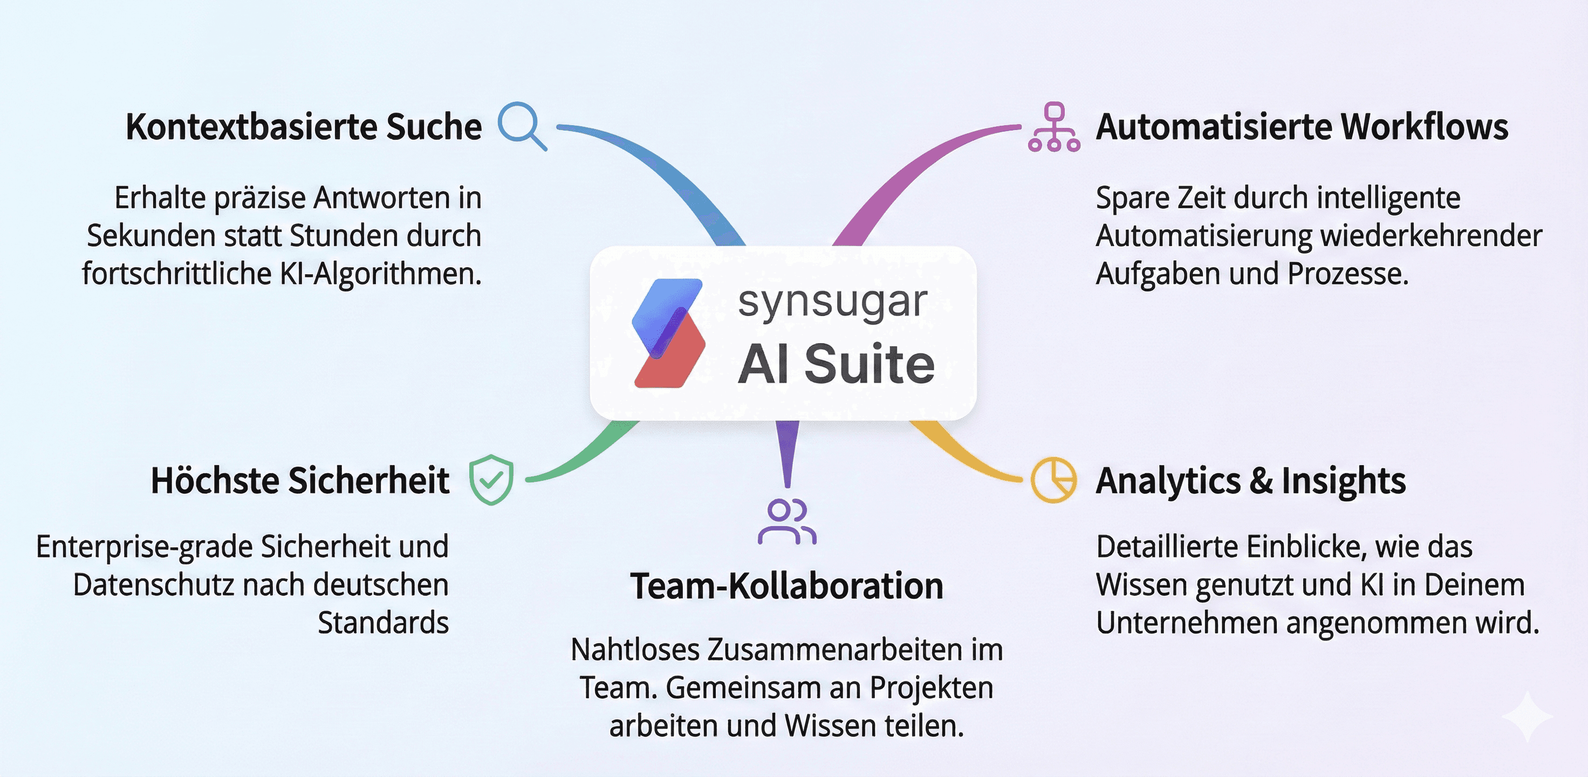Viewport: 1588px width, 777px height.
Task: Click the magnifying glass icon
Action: pos(521,125)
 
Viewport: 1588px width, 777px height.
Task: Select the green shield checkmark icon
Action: pos(491,480)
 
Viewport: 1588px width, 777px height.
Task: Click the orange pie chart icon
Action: pos(1054,480)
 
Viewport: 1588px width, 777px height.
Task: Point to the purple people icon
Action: pos(787,522)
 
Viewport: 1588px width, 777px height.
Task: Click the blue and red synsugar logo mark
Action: pos(669,333)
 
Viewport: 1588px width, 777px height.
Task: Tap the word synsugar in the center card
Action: pos(832,303)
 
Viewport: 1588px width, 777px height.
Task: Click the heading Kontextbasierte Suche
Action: pos(303,127)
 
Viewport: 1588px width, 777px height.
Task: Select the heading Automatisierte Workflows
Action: pos(1302,127)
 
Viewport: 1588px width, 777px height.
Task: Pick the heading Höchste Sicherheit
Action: pos(300,480)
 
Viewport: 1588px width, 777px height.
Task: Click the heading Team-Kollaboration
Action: pos(786,586)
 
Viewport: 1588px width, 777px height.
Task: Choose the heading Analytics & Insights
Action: pos(1251,480)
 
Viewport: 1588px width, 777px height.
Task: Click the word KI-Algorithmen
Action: pos(380,274)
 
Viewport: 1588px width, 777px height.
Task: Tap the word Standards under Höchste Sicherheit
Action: pos(383,623)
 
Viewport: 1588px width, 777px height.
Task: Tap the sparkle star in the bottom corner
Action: pos(1527,716)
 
